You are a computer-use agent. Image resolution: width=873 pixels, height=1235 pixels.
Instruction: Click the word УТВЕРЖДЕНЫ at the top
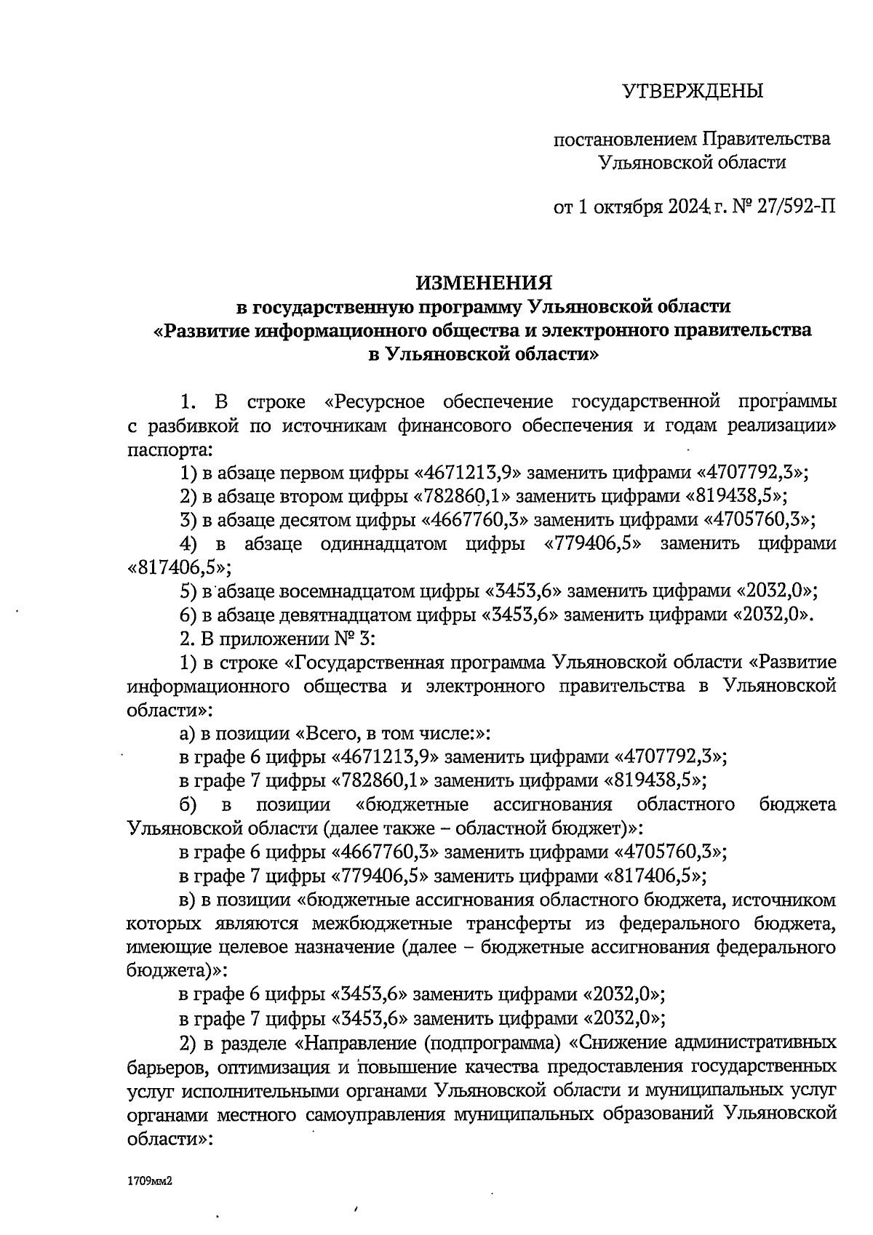(693, 92)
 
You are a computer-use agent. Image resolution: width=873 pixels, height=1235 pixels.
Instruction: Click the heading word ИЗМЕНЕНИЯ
(484, 282)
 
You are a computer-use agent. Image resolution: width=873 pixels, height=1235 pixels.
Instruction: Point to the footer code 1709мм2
(148, 1182)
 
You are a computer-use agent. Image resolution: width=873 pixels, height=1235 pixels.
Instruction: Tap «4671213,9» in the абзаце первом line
(467, 473)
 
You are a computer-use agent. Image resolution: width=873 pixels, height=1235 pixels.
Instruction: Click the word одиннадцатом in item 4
(383, 544)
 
